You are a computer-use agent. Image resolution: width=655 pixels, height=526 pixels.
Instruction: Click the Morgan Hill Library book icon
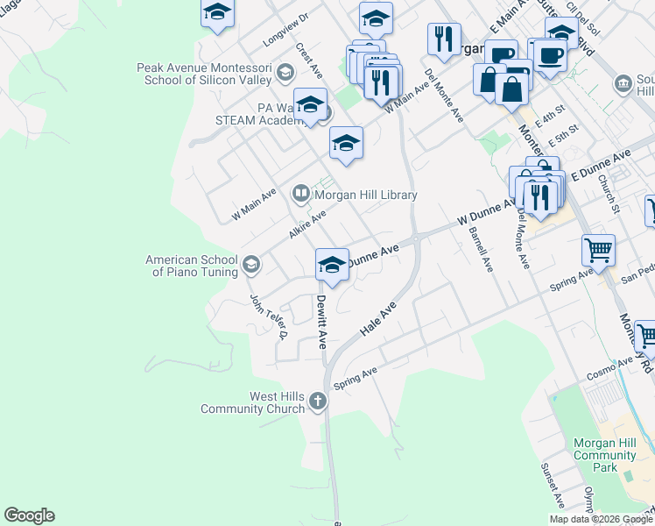click(x=300, y=195)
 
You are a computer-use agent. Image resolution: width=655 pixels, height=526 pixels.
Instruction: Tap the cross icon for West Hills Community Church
click(x=317, y=402)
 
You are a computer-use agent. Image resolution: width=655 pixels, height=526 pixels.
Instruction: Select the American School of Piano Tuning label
click(x=192, y=266)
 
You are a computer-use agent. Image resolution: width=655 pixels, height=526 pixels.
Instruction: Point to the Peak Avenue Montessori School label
click(x=204, y=74)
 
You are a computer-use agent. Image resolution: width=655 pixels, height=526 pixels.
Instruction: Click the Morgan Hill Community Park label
click(x=605, y=456)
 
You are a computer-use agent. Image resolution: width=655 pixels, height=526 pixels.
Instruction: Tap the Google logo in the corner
click(x=29, y=515)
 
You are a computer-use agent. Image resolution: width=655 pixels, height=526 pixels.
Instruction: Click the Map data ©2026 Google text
click(x=601, y=519)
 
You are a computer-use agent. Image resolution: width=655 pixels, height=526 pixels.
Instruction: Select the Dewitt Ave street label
click(x=321, y=321)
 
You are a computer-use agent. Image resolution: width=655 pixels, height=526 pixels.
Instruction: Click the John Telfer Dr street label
click(x=270, y=316)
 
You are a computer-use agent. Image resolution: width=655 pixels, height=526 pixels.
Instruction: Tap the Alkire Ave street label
click(x=307, y=224)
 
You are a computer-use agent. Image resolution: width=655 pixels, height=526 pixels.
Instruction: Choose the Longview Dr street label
click(x=286, y=31)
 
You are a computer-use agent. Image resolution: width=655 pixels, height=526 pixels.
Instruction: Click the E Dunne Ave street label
click(x=601, y=165)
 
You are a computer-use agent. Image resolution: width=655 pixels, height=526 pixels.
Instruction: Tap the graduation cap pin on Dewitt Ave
click(x=332, y=266)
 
